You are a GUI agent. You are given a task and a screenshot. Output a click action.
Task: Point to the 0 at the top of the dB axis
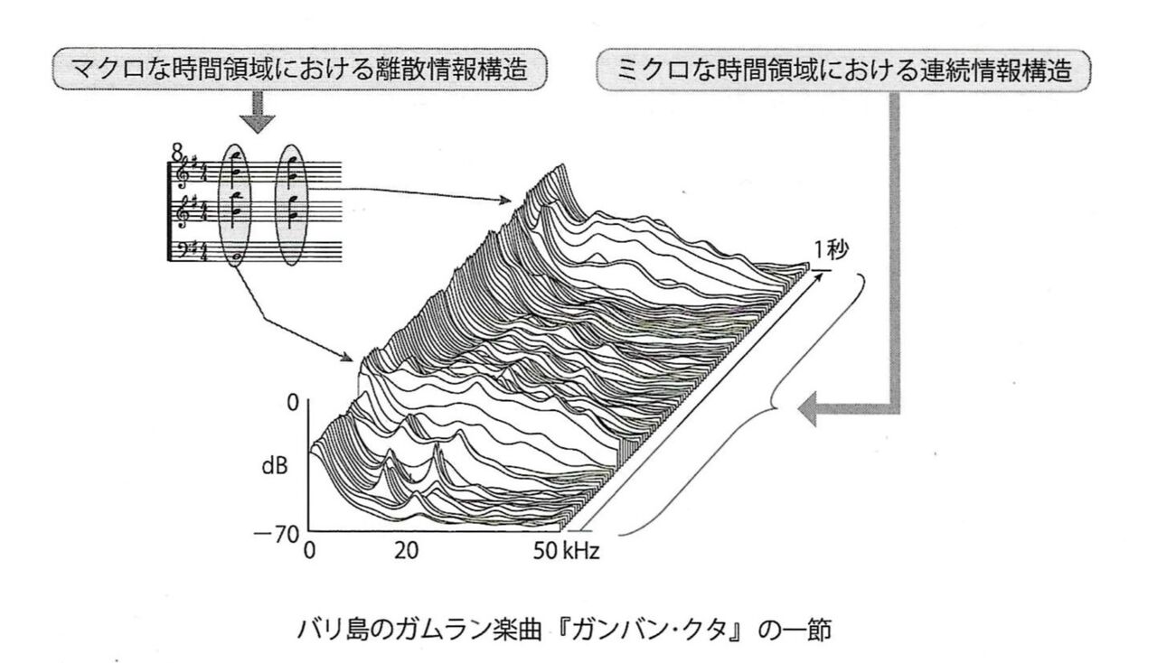point(292,404)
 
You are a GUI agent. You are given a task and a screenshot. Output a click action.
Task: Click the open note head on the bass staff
point(236,257)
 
